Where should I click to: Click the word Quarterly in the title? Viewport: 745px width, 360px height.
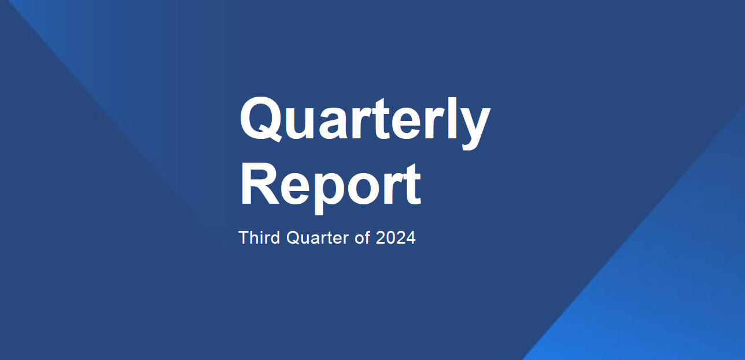[364, 120]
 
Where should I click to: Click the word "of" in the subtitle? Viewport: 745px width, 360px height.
[362, 238]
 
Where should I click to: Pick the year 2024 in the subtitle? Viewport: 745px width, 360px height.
[396, 238]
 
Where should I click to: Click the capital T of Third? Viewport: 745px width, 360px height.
[244, 237]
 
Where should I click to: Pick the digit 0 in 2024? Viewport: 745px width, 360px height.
[390, 238]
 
